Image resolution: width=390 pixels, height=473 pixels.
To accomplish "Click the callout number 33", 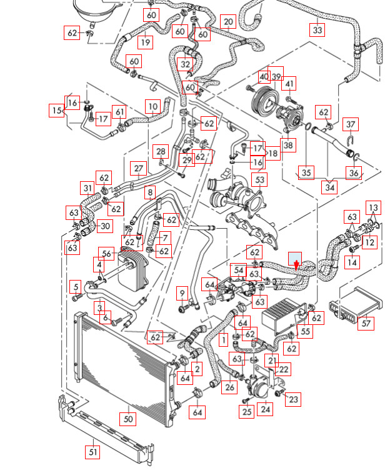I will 317,29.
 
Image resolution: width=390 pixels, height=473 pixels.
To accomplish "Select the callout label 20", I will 228,22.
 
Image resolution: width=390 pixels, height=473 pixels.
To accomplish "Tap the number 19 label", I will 146,42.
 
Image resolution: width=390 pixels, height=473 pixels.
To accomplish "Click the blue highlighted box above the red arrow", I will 294,258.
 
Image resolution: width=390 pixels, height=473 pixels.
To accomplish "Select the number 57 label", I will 366,322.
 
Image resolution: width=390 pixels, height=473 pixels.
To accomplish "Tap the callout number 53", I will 260,181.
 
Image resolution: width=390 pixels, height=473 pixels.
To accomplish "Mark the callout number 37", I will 351,125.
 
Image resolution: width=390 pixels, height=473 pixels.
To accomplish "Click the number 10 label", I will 153,107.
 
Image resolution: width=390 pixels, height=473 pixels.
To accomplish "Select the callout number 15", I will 57,111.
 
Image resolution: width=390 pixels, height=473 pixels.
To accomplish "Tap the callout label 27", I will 138,168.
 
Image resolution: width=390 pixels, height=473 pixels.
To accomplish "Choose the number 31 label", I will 88,187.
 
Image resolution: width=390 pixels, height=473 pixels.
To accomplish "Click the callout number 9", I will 182,292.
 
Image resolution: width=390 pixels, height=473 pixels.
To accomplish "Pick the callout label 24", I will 266,409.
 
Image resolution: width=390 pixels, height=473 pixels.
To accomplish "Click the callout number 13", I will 373,207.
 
